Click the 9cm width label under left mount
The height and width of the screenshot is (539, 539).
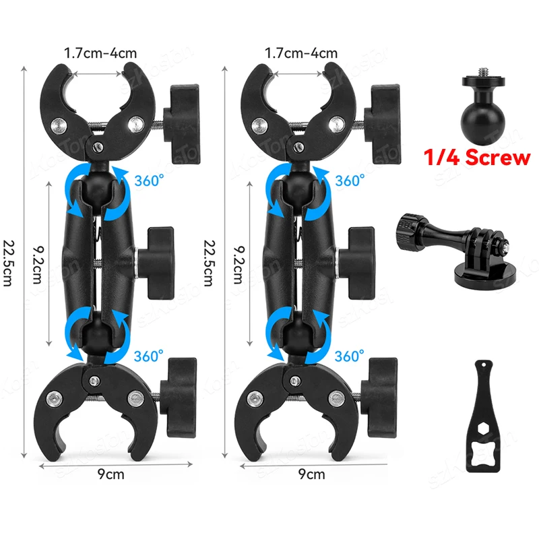click(x=110, y=474)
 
